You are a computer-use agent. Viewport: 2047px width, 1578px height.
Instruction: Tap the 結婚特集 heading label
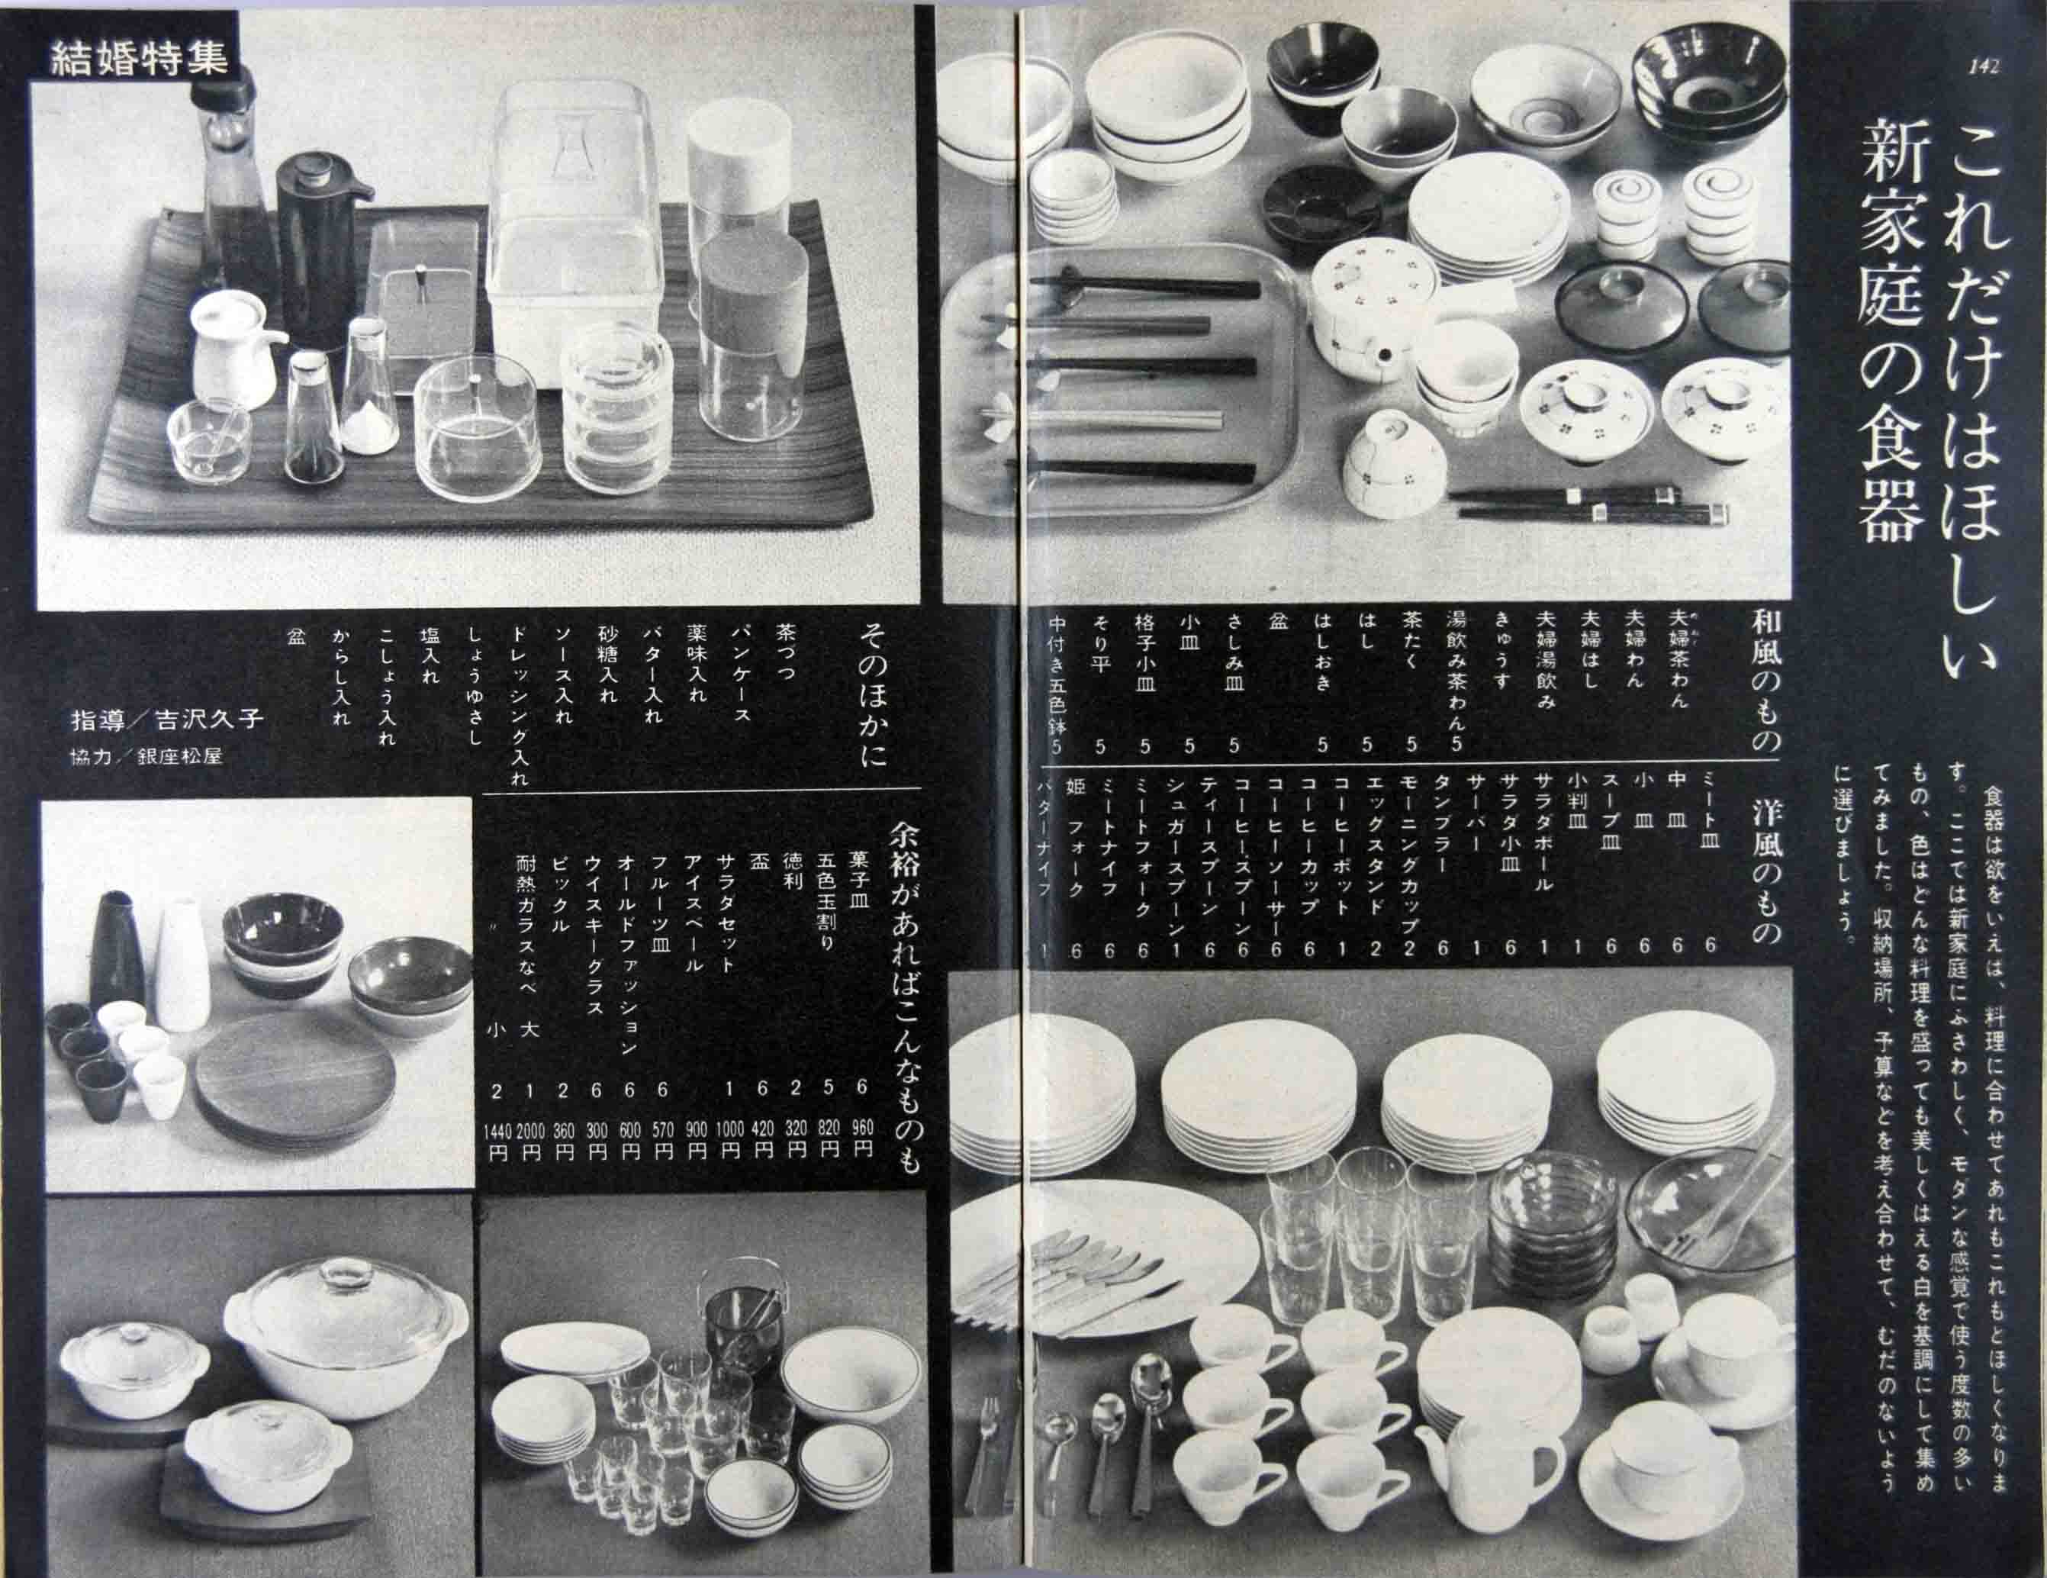(x=138, y=58)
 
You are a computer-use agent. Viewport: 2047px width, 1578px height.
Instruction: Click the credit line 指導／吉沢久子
(x=168, y=720)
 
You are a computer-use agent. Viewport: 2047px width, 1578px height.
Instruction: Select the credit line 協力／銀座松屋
(x=146, y=755)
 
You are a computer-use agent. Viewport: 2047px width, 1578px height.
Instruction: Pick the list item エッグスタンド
(x=1375, y=855)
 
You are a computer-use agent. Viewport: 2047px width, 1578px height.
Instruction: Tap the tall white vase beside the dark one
(x=183, y=968)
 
